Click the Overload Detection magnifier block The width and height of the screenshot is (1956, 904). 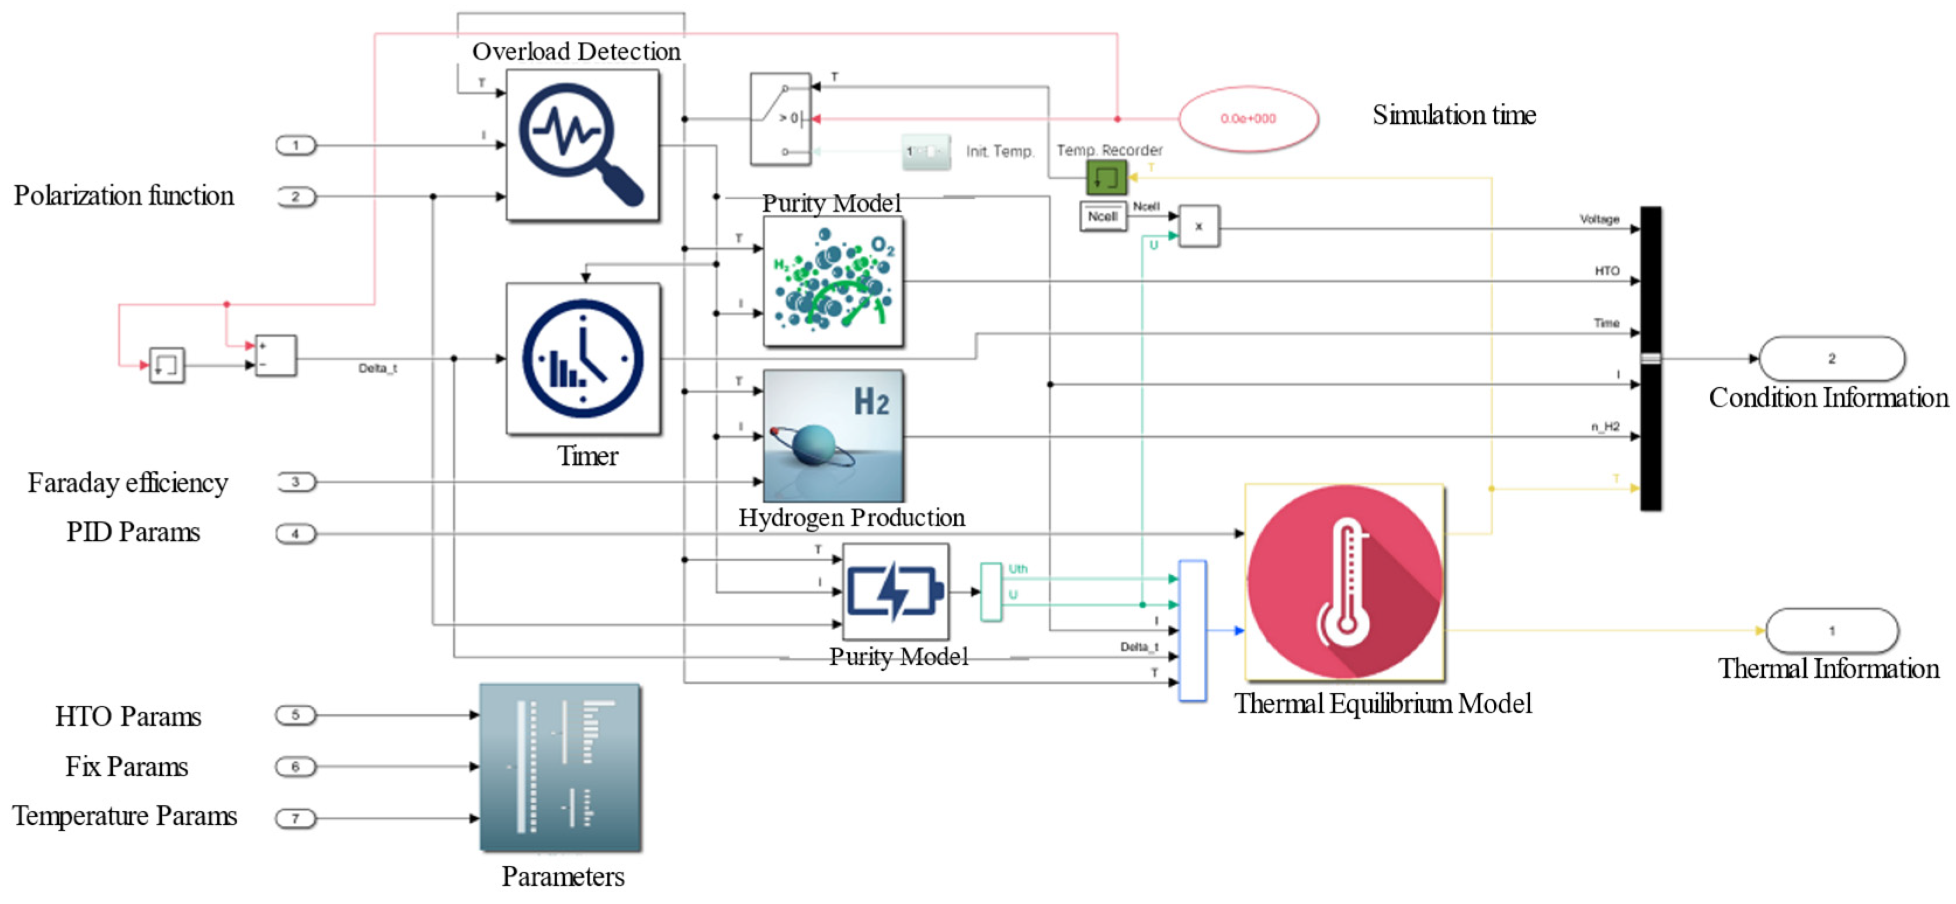[x=582, y=146]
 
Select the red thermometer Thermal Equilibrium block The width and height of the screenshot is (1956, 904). [x=1344, y=582]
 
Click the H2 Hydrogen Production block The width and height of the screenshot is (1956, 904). [x=833, y=436]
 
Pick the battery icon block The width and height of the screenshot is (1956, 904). [x=895, y=592]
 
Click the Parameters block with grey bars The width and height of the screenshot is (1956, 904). [x=560, y=767]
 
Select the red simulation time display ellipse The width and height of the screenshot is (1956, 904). [x=1248, y=119]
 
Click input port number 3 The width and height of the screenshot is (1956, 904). [x=296, y=482]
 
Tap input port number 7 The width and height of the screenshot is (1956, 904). [x=296, y=818]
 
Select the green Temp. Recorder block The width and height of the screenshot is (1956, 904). [x=1106, y=178]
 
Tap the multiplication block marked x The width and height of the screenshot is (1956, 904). [x=1198, y=226]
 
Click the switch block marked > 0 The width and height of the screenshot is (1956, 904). [x=780, y=119]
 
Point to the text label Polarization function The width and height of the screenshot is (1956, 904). [x=124, y=196]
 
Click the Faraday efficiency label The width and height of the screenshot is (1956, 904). [x=127, y=483]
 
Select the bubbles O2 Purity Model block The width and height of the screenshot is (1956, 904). [x=833, y=281]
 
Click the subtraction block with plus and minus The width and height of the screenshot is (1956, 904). [x=275, y=355]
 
